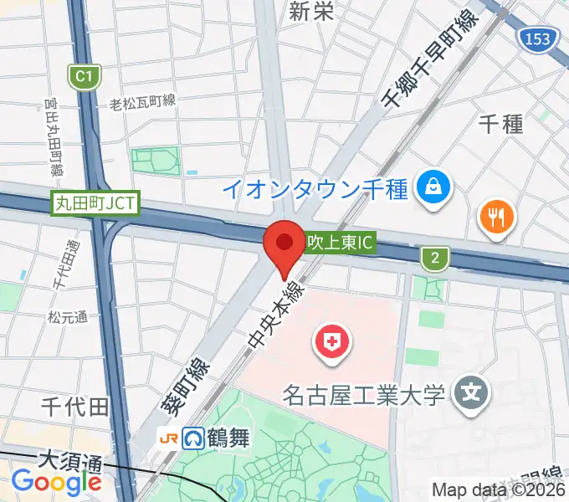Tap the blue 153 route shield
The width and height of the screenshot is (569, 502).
[533, 38]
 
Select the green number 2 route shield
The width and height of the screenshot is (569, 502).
[434, 259]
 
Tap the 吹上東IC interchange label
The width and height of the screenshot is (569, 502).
[339, 245]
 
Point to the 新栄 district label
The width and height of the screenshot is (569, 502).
[312, 11]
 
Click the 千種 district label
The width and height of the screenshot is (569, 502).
[500, 124]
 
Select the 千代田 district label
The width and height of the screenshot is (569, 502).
[75, 407]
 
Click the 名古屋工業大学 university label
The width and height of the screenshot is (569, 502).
[362, 393]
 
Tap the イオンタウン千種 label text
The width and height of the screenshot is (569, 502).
[315, 188]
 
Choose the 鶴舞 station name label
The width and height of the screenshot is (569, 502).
[228, 438]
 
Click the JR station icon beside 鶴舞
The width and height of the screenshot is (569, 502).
[169, 438]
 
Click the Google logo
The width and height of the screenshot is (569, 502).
[56, 483]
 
